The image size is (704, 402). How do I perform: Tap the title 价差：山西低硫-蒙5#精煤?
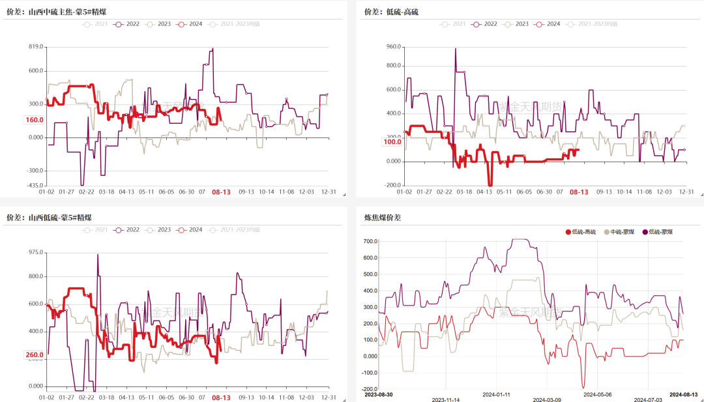tap(49, 217)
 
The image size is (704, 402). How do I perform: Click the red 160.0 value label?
tap(34, 120)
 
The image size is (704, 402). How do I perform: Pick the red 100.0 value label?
tap(392, 141)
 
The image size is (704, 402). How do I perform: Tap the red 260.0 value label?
tap(34, 355)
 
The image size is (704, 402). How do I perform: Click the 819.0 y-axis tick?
tap(35, 47)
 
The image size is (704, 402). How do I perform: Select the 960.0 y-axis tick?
tap(392, 47)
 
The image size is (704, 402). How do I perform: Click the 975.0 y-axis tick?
tap(35, 252)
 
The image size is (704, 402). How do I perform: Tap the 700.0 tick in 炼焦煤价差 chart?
tap(370, 242)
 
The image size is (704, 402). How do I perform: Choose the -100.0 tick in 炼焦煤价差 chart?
tap(368, 373)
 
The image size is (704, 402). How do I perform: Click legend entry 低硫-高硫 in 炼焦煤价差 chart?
tap(580, 233)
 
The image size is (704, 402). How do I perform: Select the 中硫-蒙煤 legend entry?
tap(620, 233)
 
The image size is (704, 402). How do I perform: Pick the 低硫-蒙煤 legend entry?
tap(658, 233)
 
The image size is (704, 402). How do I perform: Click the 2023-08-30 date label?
tap(379, 395)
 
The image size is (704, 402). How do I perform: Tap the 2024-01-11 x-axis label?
tap(497, 395)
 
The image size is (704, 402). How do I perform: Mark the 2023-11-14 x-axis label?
tap(447, 400)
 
